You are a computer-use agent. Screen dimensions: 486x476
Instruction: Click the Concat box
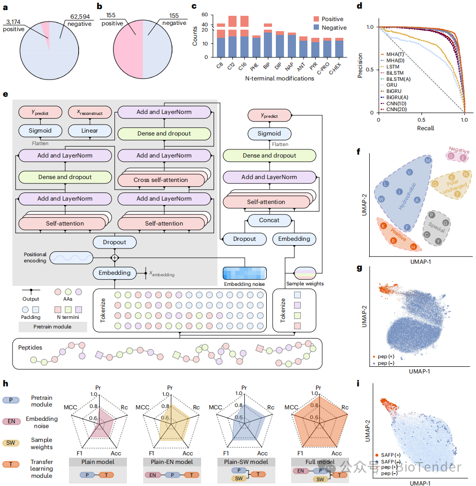pyautogui.click(x=270, y=220)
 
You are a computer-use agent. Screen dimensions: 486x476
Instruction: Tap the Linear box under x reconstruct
pyautogui.click(x=90, y=130)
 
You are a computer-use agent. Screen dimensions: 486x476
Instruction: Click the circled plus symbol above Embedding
pyautogui.click(x=114, y=258)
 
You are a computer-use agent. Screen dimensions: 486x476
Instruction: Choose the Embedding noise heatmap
pyautogui.click(x=244, y=273)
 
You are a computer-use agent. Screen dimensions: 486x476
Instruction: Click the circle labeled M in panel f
pyautogui.click(x=428, y=160)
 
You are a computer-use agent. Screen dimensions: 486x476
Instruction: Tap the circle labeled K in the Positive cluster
pyautogui.click(x=383, y=226)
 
